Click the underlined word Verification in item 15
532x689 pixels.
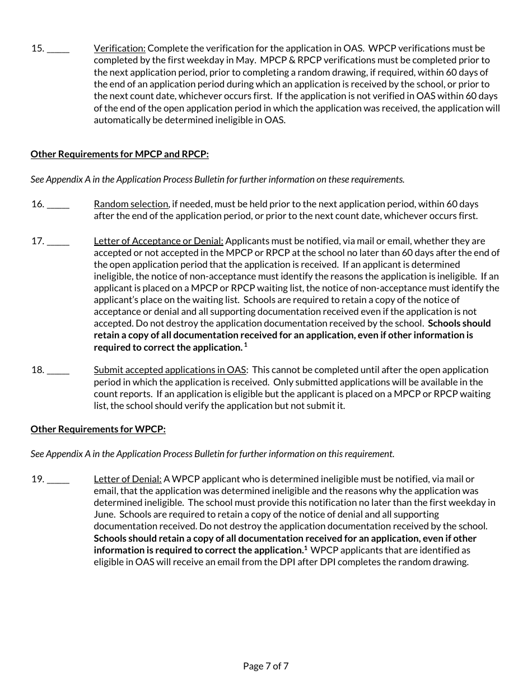(x=119, y=48)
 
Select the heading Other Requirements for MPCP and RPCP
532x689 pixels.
(x=119, y=154)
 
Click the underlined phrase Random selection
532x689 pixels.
(x=130, y=204)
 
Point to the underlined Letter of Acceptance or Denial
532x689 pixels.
(x=158, y=241)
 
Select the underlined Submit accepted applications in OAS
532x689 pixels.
(x=170, y=370)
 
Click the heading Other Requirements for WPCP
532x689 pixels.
(x=98, y=429)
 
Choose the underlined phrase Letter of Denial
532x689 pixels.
(x=128, y=479)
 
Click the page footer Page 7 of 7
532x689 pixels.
(x=266, y=666)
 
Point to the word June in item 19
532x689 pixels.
(x=104, y=514)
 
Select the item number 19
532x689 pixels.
(x=37, y=479)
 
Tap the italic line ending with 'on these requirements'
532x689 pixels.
(x=217, y=179)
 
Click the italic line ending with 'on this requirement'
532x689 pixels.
(x=212, y=454)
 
